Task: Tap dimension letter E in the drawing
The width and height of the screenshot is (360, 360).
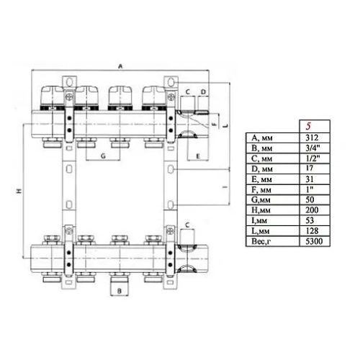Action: (x=197, y=156)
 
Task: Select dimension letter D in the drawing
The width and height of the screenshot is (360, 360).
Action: (x=204, y=92)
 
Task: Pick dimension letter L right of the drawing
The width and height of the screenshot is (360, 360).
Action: (x=225, y=125)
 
